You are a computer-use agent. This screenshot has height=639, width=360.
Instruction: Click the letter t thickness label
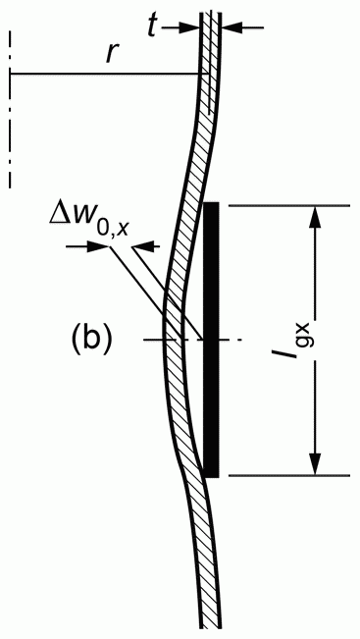click(153, 27)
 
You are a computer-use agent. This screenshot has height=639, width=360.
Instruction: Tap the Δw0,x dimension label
click(89, 223)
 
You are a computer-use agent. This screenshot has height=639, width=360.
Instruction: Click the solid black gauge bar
click(211, 340)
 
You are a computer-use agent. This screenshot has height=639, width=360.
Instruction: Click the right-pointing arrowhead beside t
click(190, 27)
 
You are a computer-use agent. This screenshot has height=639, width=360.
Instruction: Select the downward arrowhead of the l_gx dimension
click(315, 464)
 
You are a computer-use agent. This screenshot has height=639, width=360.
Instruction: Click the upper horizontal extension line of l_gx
click(289, 206)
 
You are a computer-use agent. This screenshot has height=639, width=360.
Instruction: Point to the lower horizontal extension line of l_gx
click(289, 475)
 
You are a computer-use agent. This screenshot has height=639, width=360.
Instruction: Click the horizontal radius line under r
click(108, 74)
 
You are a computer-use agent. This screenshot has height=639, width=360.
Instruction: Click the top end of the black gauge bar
click(211, 202)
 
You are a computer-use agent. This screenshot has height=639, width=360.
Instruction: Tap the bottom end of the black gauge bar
click(211, 477)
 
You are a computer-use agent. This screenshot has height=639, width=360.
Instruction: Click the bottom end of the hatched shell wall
click(211, 627)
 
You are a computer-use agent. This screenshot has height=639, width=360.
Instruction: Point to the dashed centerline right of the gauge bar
click(231, 340)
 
